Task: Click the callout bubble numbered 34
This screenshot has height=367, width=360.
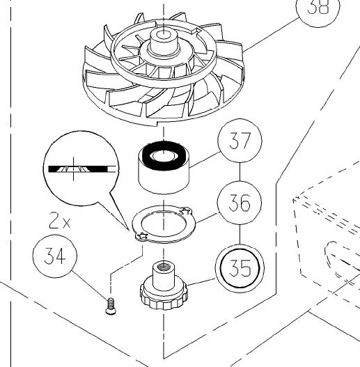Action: point(55,256)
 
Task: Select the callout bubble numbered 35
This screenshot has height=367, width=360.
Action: point(240,268)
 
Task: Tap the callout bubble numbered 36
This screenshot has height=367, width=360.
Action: point(240,203)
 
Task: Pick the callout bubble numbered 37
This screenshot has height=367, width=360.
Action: point(240,141)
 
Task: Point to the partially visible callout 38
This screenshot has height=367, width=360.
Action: point(318,9)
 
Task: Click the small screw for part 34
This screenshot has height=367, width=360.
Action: point(110,306)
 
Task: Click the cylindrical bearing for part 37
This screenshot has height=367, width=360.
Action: point(164,167)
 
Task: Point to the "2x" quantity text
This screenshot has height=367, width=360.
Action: point(59,220)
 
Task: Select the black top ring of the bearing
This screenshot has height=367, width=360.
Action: point(164,155)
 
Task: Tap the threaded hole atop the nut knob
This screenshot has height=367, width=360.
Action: point(163,267)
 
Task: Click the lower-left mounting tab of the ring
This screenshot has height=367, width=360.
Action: point(141,237)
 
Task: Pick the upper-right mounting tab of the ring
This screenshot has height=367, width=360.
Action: point(186,211)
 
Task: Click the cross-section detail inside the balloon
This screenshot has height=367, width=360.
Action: point(81,169)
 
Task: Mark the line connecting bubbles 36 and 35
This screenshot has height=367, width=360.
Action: point(240,234)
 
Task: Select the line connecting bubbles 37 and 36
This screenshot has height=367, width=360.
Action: point(240,172)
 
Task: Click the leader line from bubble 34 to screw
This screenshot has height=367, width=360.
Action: point(89,285)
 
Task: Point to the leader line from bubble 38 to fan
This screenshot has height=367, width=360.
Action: point(271,35)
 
